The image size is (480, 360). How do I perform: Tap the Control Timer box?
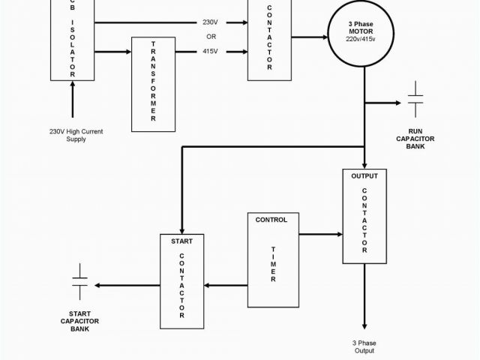tap(272, 259)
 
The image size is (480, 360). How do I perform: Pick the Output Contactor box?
tap(364, 217)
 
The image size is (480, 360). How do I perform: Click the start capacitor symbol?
tap(79, 285)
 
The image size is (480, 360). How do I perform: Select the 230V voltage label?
tap(211, 22)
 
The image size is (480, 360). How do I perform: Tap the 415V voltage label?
tap(211, 51)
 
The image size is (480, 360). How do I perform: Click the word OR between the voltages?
tap(211, 37)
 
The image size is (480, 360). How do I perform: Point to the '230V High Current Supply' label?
tap(76, 135)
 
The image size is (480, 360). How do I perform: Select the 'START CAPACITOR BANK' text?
tap(80, 321)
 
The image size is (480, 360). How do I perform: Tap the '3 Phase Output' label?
tap(364, 346)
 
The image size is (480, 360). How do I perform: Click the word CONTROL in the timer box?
tap(271, 220)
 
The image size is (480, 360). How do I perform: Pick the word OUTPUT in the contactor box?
tap(364, 176)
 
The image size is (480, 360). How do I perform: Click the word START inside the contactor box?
tap(181, 241)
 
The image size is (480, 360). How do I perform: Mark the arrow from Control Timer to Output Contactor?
tap(320, 235)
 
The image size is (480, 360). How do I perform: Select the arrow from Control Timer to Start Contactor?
tap(226, 285)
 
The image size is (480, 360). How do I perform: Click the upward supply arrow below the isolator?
tap(73, 100)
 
